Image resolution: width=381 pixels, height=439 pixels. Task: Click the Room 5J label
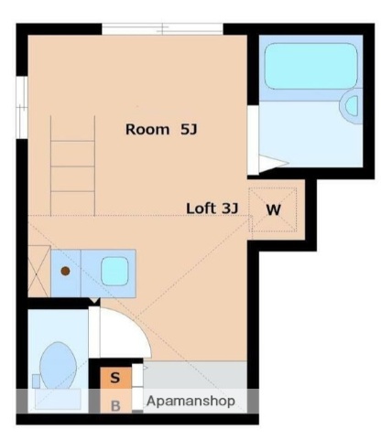(x=161, y=130)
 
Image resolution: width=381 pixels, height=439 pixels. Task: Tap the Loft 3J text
(x=212, y=208)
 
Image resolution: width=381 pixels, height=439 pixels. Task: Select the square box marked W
(x=274, y=209)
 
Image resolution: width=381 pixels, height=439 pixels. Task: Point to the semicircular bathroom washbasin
(x=351, y=106)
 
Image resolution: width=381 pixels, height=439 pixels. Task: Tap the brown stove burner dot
(x=66, y=271)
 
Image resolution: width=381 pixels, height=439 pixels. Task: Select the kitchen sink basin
(x=114, y=271)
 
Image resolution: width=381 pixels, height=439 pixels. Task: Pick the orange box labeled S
(x=114, y=376)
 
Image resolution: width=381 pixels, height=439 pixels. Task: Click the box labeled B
(x=115, y=404)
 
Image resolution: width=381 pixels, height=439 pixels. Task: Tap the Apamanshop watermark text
(x=190, y=401)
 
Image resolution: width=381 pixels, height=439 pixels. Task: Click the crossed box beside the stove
(x=38, y=271)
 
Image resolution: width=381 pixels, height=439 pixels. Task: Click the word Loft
(x=201, y=208)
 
